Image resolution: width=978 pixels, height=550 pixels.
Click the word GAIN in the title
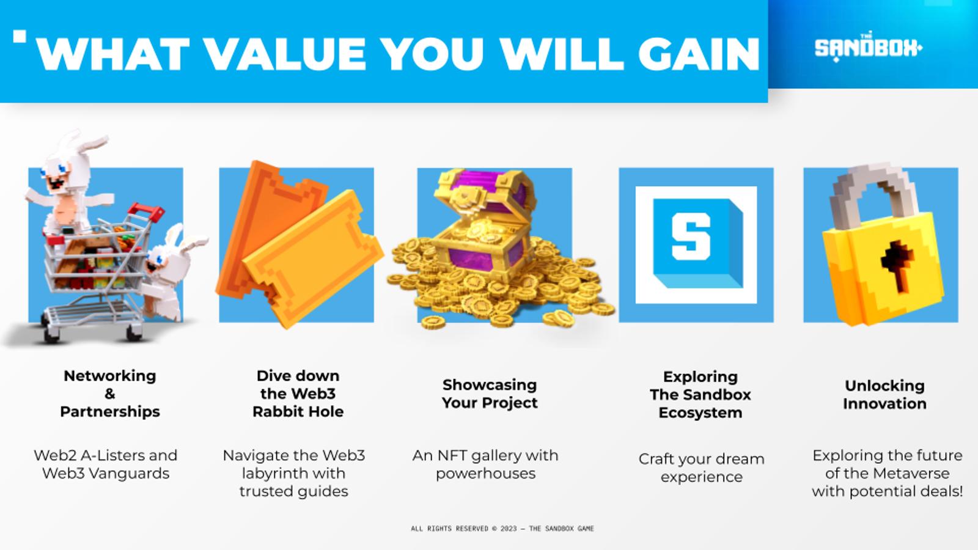[x=699, y=54]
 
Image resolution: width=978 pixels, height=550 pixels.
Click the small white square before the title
[x=20, y=36]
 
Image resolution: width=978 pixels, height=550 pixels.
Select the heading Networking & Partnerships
[x=110, y=394]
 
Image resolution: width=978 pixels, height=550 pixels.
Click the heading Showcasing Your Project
[x=490, y=394]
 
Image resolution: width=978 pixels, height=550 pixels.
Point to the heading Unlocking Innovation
[x=884, y=395]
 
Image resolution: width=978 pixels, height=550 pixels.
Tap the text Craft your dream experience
[x=701, y=468]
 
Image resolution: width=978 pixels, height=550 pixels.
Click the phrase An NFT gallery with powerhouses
[x=485, y=464]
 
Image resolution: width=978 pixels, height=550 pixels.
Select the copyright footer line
[x=502, y=529]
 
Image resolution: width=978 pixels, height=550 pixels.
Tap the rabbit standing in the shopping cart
[x=70, y=183]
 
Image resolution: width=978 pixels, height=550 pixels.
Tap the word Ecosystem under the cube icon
[x=700, y=413]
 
